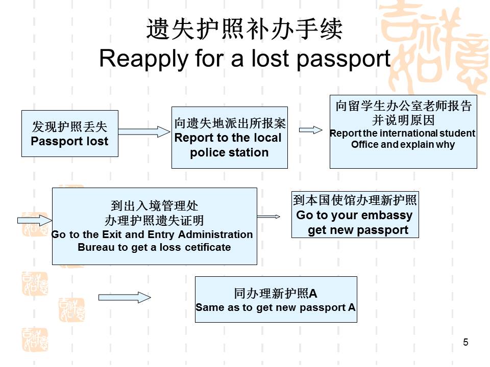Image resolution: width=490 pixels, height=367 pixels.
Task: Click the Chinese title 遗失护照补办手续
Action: click(x=244, y=29)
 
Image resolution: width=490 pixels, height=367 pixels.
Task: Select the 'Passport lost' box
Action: click(x=69, y=134)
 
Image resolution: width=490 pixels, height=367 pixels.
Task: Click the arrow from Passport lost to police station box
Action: click(x=144, y=132)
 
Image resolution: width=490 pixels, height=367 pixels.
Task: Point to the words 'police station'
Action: click(x=229, y=152)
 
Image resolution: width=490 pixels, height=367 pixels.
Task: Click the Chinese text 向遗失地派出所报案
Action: click(x=230, y=124)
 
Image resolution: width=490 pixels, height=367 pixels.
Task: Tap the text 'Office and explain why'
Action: click(x=403, y=145)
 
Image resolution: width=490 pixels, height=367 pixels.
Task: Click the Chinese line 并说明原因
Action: click(x=403, y=120)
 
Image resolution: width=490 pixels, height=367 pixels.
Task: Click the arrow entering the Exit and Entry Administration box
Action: click(x=35, y=220)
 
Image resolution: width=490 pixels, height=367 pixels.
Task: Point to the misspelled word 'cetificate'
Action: click(x=203, y=248)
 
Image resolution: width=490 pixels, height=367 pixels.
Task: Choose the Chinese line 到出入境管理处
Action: click(x=154, y=206)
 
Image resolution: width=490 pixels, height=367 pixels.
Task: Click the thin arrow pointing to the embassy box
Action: click(x=269, y=217)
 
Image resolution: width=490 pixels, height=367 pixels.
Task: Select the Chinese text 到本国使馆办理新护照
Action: click(x=355, y=200)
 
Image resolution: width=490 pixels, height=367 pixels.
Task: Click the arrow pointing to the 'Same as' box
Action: click(x=125, y=297)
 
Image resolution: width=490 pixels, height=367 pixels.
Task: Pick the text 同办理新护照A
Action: click(x=276, y=294)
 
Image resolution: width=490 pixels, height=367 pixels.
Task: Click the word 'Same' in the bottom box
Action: click(x=206, y=308)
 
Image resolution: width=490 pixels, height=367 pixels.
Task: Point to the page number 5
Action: click(x=465, y=343)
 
